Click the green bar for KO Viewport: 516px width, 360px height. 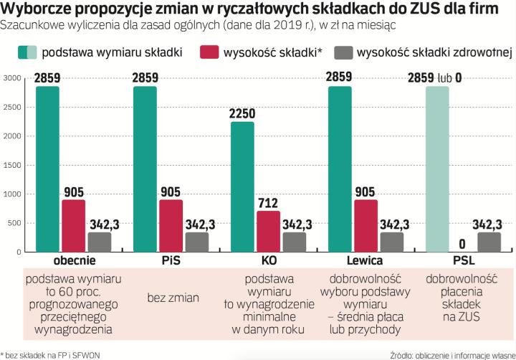pos(242,186)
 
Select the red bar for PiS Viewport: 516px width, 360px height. pos(171,225)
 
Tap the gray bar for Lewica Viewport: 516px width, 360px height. pos(392,242)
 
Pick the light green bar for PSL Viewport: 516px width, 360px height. pos(437,169)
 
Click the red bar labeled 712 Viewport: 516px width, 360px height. pos(268,231)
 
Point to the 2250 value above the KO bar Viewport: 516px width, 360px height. pos(242,113)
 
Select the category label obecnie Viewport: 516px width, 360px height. pos(74,260)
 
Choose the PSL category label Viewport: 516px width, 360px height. pos(463,260)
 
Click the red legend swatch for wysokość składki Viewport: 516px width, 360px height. pos(210,52)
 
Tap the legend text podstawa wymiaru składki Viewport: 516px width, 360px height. pos(112,52)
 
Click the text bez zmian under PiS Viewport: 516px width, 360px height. pos(171,297)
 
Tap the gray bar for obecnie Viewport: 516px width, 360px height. pos(100,242)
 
